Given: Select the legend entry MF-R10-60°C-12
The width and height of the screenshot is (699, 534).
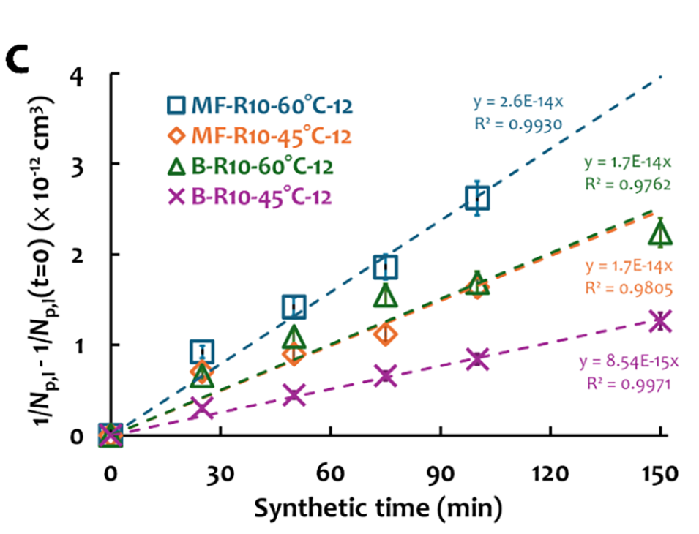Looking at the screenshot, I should pos(261,105).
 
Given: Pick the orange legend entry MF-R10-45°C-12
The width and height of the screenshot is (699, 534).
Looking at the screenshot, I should pos(260,136).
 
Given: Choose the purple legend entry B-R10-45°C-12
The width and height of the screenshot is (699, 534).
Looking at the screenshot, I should pos(249,197).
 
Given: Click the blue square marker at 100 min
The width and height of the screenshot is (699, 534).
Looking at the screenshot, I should pos(477,198).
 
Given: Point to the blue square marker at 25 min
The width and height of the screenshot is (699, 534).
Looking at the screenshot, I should pos(202,351).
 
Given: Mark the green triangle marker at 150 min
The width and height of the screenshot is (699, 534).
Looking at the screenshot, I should pos(661,233).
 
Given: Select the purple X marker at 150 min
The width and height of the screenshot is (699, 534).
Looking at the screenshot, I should pos(661,320).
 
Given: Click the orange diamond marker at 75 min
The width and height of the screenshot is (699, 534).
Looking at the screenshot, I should pos(386,335).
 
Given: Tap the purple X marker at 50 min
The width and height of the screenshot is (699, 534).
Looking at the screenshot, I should pos(294,395).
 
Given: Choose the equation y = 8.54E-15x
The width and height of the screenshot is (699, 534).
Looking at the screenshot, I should pos(629,362).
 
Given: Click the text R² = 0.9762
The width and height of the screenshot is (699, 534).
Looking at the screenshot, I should pos(628,185).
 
